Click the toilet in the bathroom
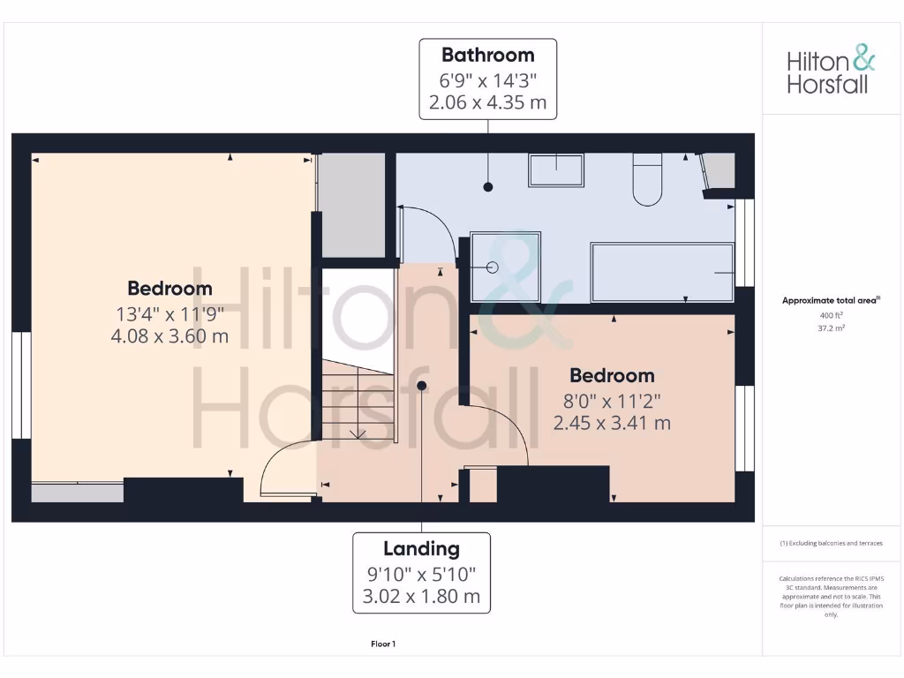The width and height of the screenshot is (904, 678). [648, 178]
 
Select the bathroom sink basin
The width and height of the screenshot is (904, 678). [556, 169]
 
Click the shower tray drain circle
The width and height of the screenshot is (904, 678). [492, 267]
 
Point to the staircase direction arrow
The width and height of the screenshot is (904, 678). [358, 432]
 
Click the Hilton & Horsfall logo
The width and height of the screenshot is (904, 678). [831, 72]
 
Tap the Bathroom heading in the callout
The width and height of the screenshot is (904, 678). [487, 55]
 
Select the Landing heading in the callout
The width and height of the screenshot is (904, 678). [421, 548]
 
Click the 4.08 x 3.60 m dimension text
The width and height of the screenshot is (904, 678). [169, 335]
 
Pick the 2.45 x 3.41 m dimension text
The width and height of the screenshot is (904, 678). [611, 423]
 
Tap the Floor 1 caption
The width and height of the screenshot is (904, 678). [383, 644]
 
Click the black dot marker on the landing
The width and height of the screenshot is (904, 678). [422, 386]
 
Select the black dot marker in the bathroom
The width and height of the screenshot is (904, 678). [487, 187]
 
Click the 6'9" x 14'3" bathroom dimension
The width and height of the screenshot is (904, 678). [487, 79]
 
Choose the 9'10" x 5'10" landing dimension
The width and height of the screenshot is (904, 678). [421, 573]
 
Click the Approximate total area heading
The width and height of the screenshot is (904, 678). [830, 300]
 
